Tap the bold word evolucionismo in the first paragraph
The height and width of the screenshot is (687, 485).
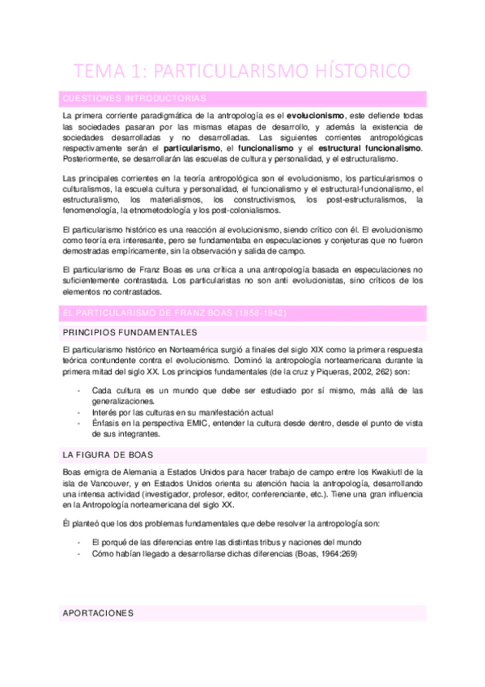click(321, 116)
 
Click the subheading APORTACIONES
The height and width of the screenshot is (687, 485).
click(99, 613)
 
